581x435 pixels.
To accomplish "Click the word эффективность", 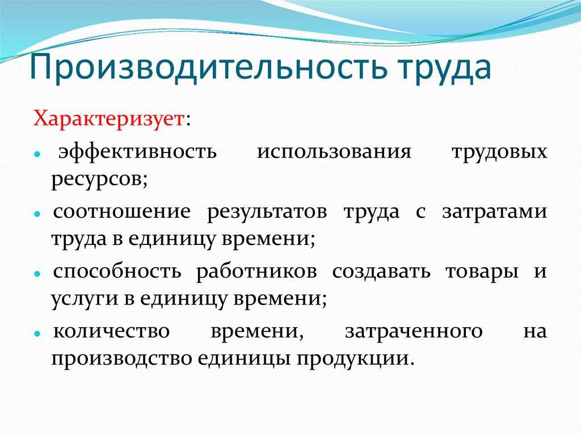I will click(x=138, y=153).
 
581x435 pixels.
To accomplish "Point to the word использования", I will click(x=334, y=153).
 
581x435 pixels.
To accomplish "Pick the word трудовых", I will click(x=499, y=153).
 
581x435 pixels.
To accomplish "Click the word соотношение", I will click(x=122, y=212).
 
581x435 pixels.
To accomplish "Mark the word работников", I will click(x=256, y=271).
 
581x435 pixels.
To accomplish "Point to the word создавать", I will click(x=381, y=271).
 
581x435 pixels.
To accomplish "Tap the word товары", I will click(x=482, y=271).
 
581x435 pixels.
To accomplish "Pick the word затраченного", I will click(x=414, y=331).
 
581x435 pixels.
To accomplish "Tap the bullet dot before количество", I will click(x=36, y=333).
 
